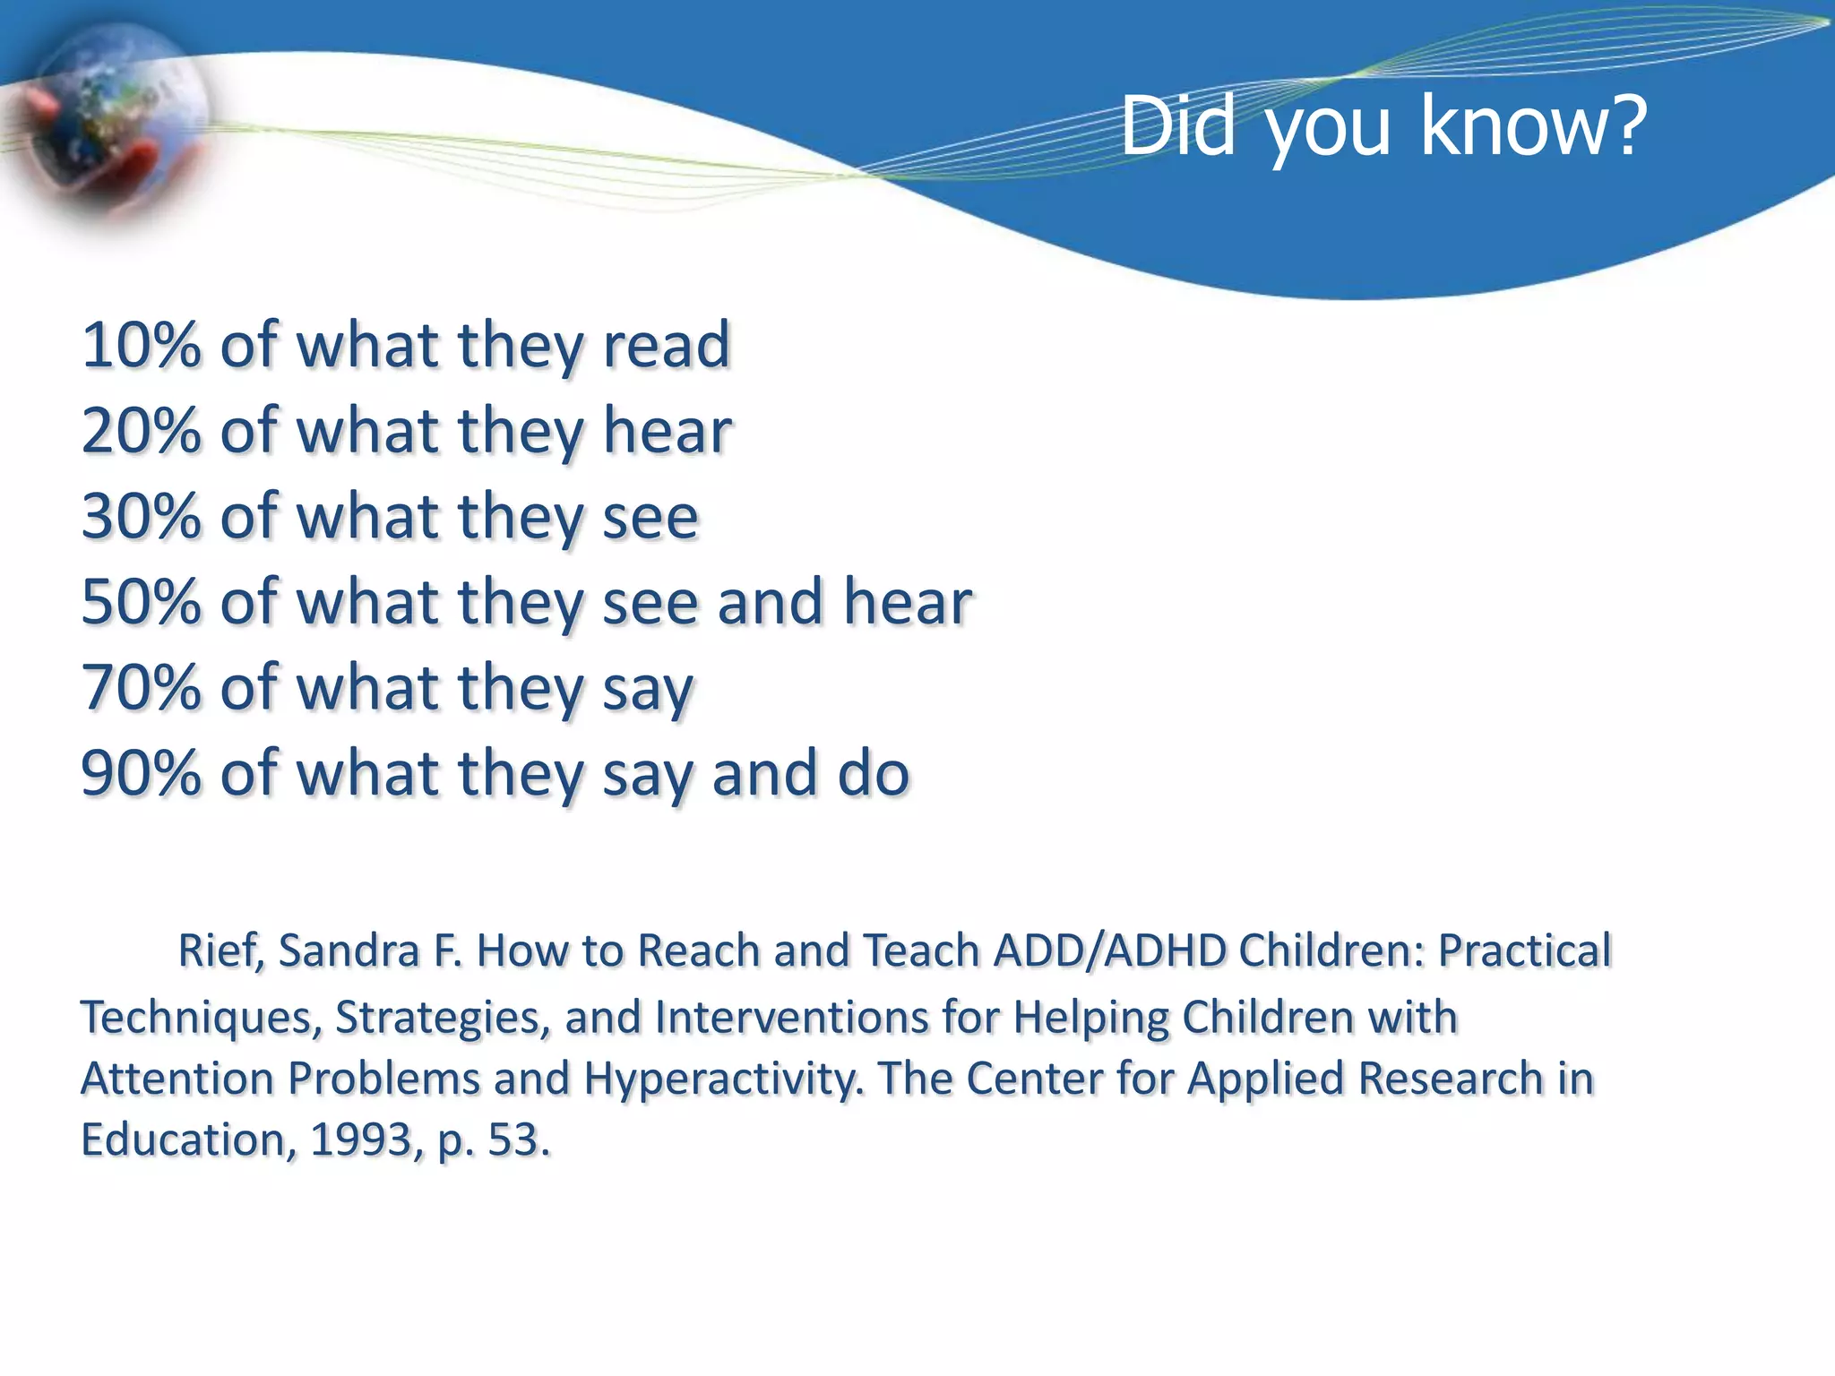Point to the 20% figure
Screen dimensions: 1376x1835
141,431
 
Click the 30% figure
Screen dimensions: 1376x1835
141,517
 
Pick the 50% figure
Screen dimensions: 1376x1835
141,602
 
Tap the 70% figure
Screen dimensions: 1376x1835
141,688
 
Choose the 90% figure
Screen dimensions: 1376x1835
141,773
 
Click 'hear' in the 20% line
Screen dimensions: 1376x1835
667,431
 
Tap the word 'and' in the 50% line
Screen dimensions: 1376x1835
770,602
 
